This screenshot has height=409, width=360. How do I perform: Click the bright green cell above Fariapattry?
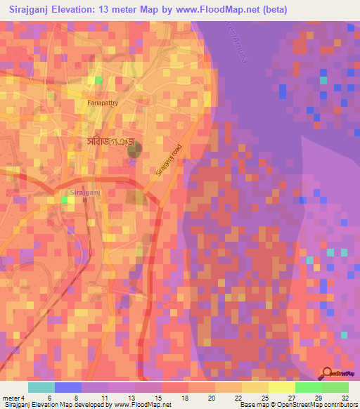[99, 81]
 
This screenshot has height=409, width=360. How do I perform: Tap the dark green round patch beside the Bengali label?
[134, 148]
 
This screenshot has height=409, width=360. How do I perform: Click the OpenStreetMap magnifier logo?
[328, 373]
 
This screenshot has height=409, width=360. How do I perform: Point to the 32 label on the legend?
[345, 398]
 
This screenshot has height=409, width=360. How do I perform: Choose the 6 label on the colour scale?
[49, 398]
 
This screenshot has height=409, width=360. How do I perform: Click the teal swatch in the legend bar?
[41, 387]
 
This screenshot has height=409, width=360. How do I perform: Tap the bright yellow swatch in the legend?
[282, 387]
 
